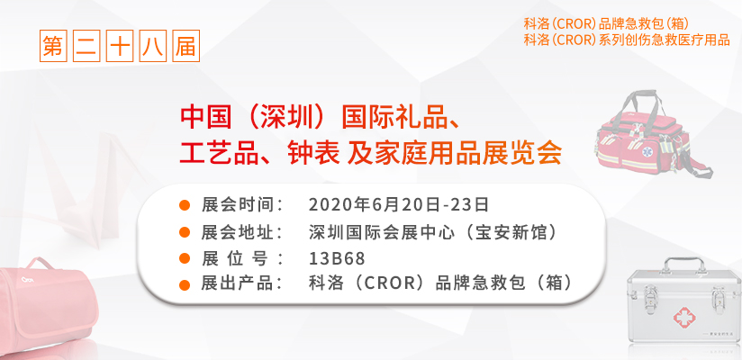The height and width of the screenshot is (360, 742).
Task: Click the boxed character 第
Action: [53, 46]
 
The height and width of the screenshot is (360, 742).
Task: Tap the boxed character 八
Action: [153, 46]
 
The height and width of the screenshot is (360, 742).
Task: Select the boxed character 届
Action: [186, 46]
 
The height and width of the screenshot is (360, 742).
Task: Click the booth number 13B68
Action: [337, 259]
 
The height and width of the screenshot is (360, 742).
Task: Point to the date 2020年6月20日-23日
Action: [398, 205]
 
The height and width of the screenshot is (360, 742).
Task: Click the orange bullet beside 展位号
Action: [185, 259]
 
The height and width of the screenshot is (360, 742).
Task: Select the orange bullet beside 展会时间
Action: [185, 205]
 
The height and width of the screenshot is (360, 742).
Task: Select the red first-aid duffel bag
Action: [651, 134]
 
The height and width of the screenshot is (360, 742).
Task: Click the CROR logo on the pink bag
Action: [26, 279]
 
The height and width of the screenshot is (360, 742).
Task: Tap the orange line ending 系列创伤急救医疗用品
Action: [627, 40]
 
